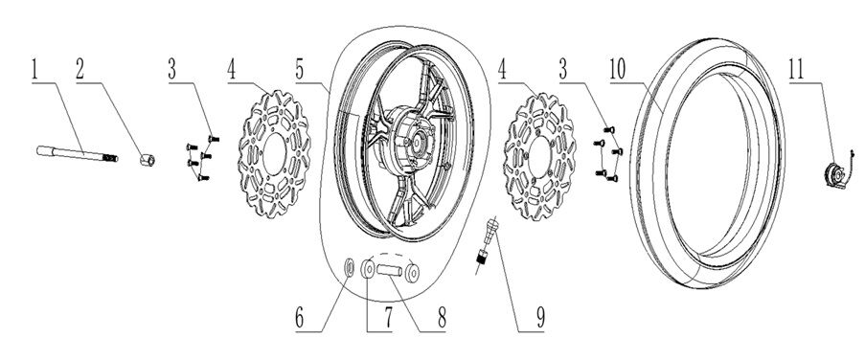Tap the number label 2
(81, 69)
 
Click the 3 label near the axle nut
(171, 69)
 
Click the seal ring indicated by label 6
(347, 267)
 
